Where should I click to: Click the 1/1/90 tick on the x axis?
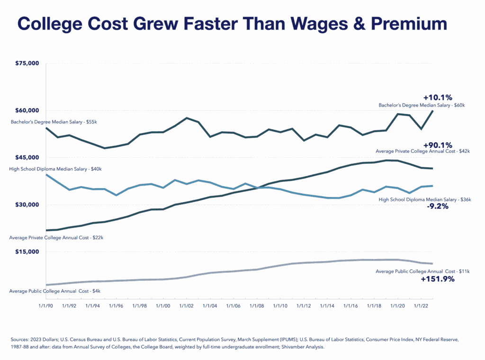46,306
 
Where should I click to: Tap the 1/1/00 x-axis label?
163,306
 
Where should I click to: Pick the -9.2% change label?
438,207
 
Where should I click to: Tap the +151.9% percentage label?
438,279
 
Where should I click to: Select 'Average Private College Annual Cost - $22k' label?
56,237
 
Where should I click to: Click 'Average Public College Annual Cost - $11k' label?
422,271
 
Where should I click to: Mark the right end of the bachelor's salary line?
433,111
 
